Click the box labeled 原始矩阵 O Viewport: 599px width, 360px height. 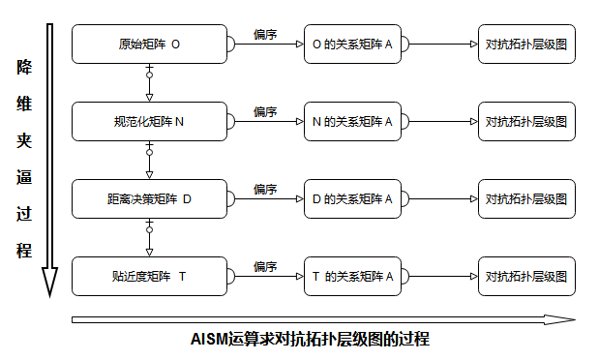(149, 44)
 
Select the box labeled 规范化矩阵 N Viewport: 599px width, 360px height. (149, 121)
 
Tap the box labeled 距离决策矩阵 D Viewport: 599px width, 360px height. (149, 198)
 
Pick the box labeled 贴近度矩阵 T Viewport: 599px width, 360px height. (149, 276)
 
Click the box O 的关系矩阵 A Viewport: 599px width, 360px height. (352, 44)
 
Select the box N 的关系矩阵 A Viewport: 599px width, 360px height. (352, 121)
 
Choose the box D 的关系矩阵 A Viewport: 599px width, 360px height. (352, 198)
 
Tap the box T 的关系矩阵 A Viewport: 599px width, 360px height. (352, 276)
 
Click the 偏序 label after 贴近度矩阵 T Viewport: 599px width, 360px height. (265, 266)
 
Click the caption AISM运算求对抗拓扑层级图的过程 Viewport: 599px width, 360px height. (309, 340)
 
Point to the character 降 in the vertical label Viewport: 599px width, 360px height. (24, 68)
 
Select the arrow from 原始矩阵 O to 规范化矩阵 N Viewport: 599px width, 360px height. (149, 82)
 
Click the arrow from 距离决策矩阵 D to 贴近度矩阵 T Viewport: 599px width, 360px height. (149, 237)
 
